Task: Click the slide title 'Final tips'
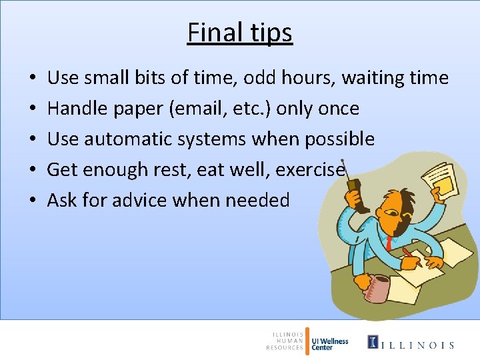pos(239,32)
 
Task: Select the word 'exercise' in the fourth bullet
pos(310,170)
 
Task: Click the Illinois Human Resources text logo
pos(285,341)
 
